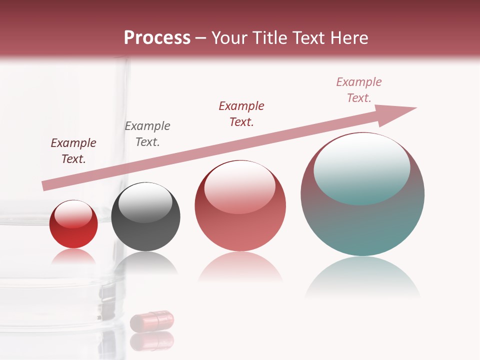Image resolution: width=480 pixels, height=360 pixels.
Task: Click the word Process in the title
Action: pyautogui.click(x=157, y=38)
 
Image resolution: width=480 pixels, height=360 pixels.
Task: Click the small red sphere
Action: pyautogui.click(x=73, y=230)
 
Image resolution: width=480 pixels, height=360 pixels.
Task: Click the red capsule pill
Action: pyautogui.click(x=152, y=320)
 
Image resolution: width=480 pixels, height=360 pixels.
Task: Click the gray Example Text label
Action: pyautogui.click(x=147, y=134)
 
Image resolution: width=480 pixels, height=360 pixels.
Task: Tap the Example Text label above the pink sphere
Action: pyautogui.click(x=241, y=114)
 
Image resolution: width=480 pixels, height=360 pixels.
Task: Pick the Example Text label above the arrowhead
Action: pyautogui.click(x=359, y=90)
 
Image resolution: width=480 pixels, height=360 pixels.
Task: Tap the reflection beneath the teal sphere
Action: pyautogui.click(x=362, y=277)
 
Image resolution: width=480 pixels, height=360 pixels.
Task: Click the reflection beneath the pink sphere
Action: pyautogui.click(x=240, y=267)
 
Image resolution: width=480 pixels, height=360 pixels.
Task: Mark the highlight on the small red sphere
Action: pyautogui.click(x=73, y=214)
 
